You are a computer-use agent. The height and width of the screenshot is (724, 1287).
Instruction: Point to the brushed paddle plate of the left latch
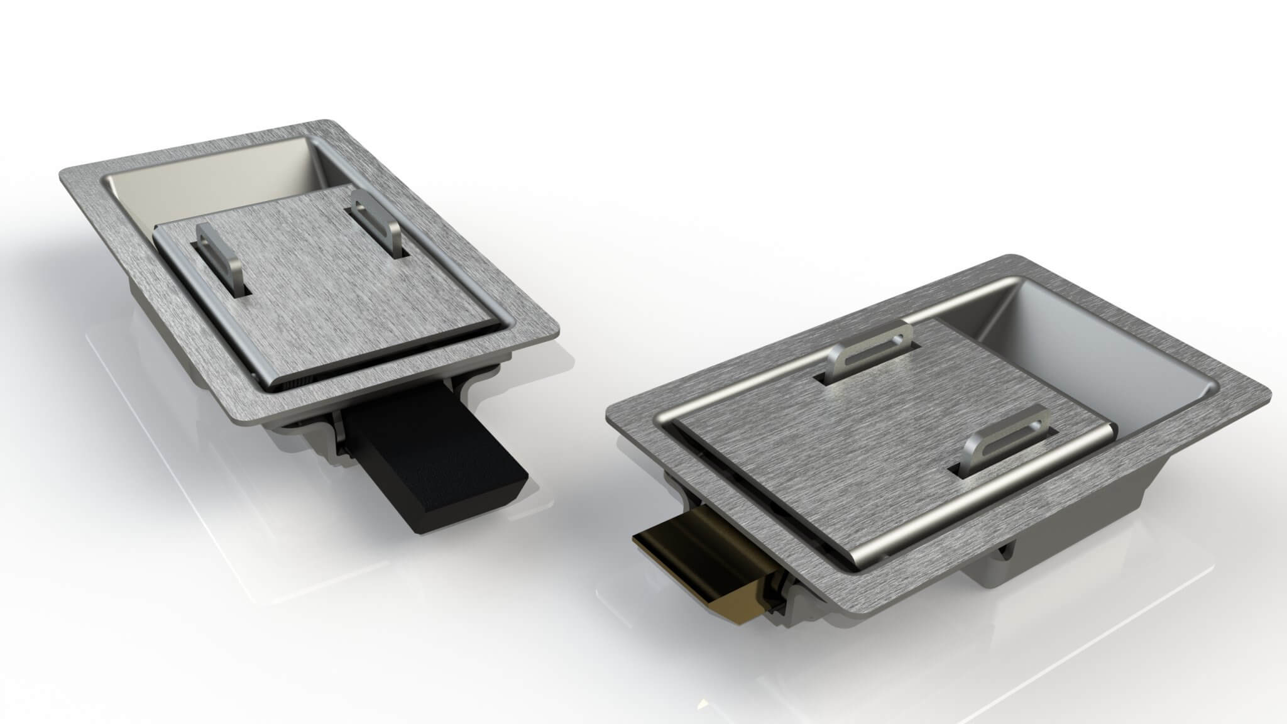327,283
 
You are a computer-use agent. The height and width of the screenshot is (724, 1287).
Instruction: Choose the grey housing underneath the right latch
1031,566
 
